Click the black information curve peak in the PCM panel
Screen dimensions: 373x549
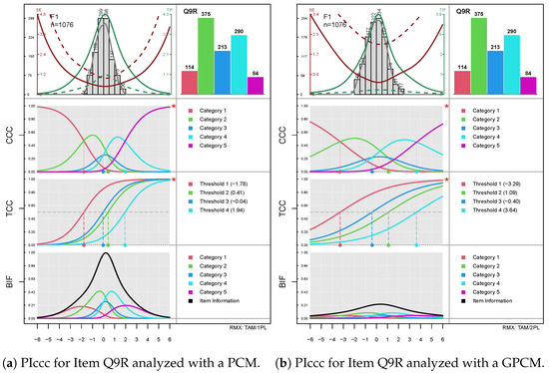coord(105,254)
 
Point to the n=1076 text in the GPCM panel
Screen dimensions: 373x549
coord(324,26)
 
